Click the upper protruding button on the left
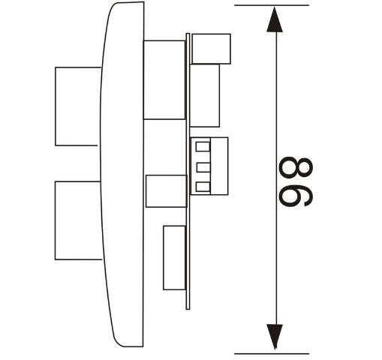77,106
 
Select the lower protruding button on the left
78,220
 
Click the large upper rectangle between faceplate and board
164,79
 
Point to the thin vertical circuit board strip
188,172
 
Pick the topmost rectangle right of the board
211,49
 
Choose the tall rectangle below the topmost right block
205,95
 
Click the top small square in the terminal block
203,147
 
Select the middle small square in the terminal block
203,167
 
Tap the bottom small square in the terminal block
203,187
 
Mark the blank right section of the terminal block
219,166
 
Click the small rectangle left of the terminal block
167,191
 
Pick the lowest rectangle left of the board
175,258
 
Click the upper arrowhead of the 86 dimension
275,19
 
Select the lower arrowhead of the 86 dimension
275,337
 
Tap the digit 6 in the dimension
296,194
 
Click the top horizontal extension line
272,5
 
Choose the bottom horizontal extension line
272,354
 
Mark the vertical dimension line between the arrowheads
275,178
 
